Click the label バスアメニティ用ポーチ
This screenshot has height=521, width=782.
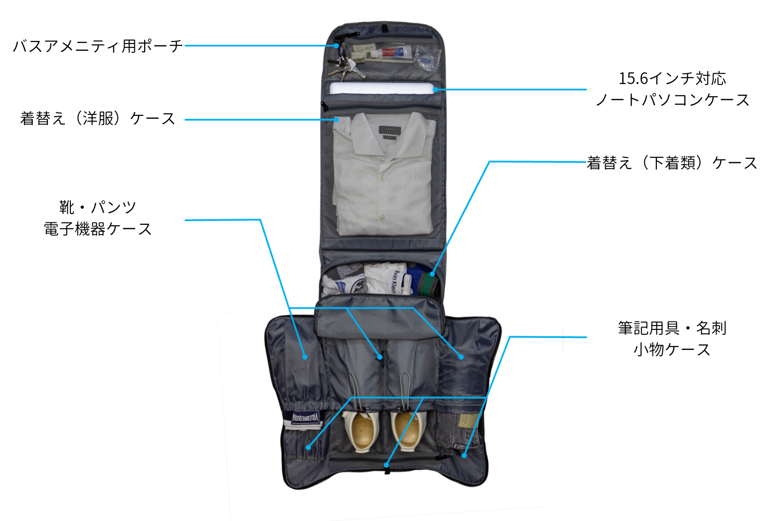point(98,46)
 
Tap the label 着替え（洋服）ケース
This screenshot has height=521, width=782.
point(98,118)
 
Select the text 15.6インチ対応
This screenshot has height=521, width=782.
point(673,79)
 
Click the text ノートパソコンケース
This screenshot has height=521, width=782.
point(673,100)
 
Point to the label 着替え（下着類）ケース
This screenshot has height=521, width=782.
point(672,163)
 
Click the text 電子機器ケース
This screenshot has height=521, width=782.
point(97,229)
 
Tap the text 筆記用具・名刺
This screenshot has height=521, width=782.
point(672,328)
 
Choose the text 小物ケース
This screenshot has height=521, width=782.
point(672,349)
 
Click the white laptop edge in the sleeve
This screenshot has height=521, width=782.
point(382,88)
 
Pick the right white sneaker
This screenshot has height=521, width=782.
point(406,430)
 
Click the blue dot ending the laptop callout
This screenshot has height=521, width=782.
point(435,90)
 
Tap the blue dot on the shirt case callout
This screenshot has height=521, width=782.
point(336,120)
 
